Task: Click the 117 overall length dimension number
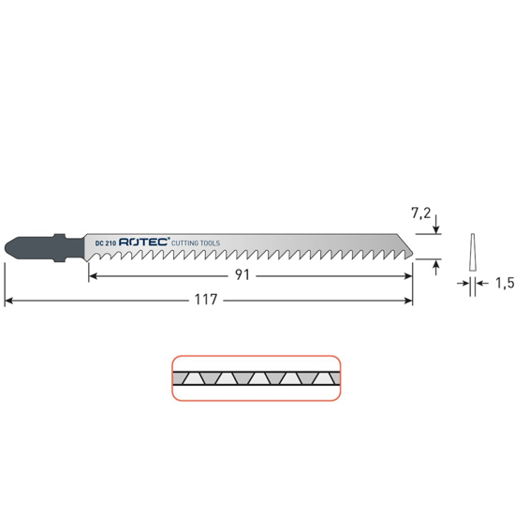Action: click(x=206, y=300)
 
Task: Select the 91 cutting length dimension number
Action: click(x=243, y=275)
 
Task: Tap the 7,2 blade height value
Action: click(x=420, y=213)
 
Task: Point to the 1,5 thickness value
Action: click(x=505, y=283)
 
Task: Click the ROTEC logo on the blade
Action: click(x=144, y=242)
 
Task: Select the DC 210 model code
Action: click(x=106, y=243)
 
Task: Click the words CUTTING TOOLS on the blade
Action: click(x=196, y=243)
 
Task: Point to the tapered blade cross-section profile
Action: click(x=473, y=252)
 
